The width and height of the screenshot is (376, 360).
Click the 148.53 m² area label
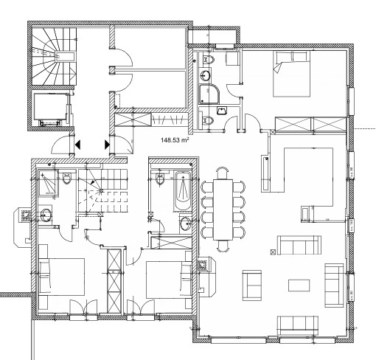(175, 140)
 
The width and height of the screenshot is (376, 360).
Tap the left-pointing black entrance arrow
(78, 145)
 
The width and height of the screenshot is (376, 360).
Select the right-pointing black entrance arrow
(107, 145)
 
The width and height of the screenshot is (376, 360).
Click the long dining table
(223, 210)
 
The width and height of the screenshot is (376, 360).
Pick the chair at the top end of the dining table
(223, 172)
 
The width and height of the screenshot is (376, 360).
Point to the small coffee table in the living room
(299, 285)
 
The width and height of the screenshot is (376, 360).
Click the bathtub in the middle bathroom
(183, 191)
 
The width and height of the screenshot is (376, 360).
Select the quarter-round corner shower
(209, 94)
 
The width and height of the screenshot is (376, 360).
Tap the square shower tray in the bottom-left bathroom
(48, 183)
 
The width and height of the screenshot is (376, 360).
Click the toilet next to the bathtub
(160, 179)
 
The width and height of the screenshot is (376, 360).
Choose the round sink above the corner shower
(204, 75)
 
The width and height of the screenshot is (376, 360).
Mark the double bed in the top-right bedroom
(292, 74)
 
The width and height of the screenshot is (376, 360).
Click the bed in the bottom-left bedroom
(61, 277)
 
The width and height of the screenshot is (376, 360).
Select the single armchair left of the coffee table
(252, 285)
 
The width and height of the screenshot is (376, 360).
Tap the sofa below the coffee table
(298, 325)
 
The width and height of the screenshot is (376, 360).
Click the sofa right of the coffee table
(334, 285)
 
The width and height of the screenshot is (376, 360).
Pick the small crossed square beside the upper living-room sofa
(273, 252)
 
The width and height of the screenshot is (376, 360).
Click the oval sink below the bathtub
(185, 224)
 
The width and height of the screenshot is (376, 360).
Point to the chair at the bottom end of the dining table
(223, 246)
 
